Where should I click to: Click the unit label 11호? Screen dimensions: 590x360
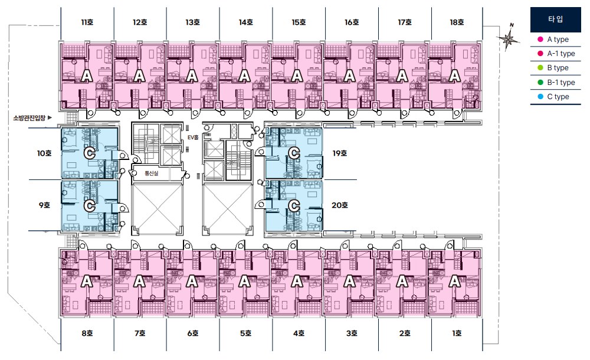click(87, 22)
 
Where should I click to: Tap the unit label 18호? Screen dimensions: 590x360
click(457, 22)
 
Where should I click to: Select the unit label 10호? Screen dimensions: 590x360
click(44, 153)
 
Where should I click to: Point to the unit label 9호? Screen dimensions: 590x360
click(44, 205)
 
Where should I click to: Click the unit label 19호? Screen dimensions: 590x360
click(340, 153)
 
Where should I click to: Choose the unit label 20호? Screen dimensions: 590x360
click(340, 205)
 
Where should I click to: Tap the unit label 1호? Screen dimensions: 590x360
click(457, 333)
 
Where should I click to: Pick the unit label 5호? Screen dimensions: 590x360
click(245, 333)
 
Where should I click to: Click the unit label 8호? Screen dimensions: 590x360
click(87, 333)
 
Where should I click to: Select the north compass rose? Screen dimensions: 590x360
click(509, 38)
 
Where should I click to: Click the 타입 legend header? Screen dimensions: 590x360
click(555, 19)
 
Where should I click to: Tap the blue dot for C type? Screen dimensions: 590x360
click(540, 97)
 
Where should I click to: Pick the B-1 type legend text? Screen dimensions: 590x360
click(561, 83)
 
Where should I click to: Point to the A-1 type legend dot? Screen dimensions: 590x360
click(540, 54)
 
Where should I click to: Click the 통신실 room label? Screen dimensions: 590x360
click(151, 174)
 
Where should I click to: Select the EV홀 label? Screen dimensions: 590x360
click(193, 138)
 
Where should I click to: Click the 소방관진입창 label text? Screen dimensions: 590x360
click(29, 118)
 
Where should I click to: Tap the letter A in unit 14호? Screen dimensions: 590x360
click(245, 76)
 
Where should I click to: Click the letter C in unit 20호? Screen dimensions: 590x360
click(294, 205)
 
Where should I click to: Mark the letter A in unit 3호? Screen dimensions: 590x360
click(350, 281)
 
